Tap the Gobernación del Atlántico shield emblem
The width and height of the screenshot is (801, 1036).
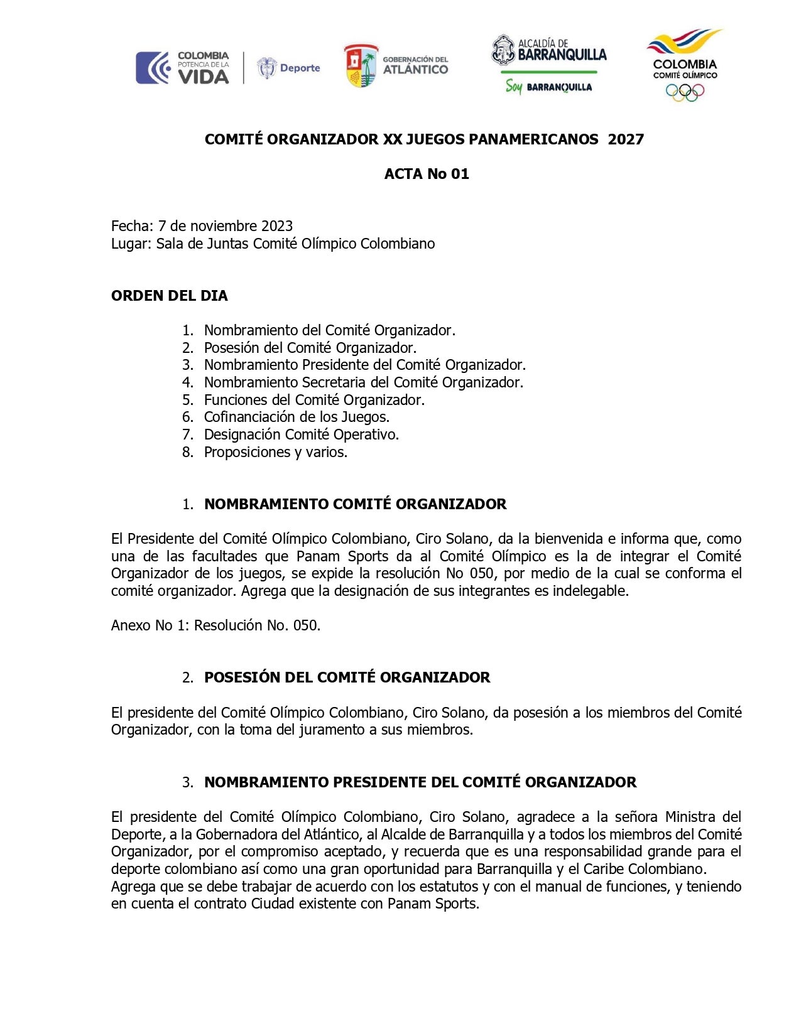click(361, 66)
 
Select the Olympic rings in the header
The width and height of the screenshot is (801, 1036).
click(685, 92)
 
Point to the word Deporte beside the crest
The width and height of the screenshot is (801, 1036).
click(300, 68)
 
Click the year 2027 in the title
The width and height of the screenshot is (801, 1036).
click(626, 139)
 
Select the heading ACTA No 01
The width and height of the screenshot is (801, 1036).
click(427, 174)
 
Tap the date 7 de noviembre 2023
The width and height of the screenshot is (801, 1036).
click(226, 226)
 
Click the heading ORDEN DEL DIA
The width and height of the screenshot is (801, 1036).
click(170, 296)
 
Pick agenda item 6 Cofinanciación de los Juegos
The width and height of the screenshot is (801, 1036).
click(297, 417)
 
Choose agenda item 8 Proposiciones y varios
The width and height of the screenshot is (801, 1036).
click(275, 452)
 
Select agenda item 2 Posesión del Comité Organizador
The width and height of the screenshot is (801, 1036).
click(310, 348)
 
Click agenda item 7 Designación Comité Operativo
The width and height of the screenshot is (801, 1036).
click(301, 434)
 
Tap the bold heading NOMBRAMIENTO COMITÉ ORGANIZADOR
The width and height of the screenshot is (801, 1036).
click(355, 504)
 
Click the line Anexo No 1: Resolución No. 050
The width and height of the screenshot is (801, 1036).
click(215, 625)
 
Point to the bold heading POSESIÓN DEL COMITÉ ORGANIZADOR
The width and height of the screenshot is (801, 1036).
click(347, 677)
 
